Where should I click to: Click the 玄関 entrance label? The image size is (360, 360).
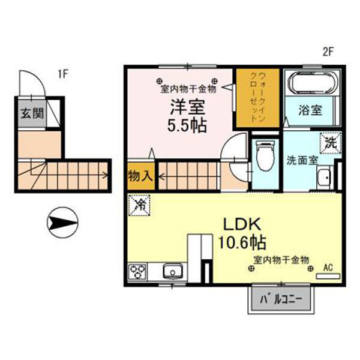(x=32, y=113)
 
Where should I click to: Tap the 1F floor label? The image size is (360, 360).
(x=63, y=74)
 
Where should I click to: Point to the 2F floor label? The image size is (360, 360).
(x=328, y=52)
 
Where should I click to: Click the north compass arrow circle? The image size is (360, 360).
(x=62, y=222)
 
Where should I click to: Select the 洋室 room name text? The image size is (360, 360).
(x=188, y=107)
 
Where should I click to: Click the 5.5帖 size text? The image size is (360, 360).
(x=187, y=125)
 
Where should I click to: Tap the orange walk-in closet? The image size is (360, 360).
(x=258, y=98)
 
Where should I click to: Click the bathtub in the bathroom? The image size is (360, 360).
(x=312, y=83)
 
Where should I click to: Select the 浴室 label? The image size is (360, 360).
(x=310, y=110)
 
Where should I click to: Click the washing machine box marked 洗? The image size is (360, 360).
(x=331, y=143)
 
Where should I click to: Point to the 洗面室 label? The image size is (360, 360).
(x=302, y=160)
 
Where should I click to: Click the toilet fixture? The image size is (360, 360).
(x=265, y=155)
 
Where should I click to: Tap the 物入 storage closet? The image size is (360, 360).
(x=140, y=176)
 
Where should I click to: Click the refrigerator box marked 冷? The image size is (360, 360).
(x=139, y=205)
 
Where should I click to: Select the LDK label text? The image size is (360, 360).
(x=242, y=224)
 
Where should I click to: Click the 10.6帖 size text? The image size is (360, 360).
(x=242, y=242)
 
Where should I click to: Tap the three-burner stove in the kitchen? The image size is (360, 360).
(x=137, y=272)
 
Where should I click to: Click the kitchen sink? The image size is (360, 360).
(x=173, y=271)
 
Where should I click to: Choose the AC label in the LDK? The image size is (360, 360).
(x=328, y=268)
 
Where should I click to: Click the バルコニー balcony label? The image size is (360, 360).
(x=281, y=299)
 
